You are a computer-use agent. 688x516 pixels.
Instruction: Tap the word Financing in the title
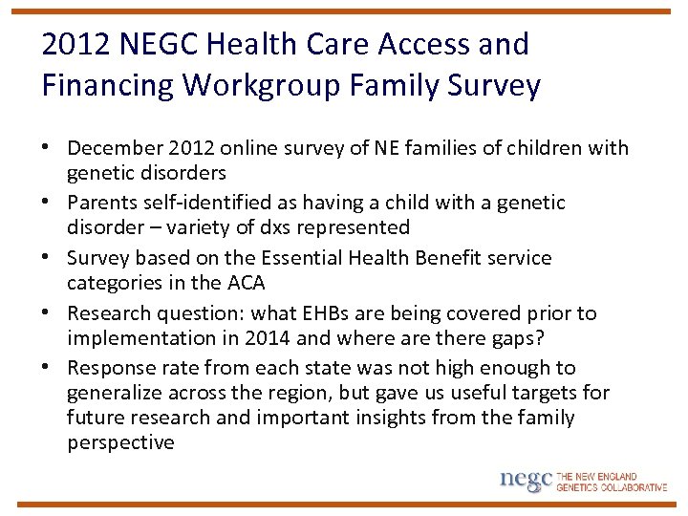click(x=108, y=85)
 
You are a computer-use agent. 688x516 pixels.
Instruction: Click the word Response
click(x=111, y=368)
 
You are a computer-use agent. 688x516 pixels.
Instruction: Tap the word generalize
click(x=118, y=393)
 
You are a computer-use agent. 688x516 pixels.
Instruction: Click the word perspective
click(x=120, y=442)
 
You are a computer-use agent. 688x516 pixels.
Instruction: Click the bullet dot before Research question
click(x=48, y=313)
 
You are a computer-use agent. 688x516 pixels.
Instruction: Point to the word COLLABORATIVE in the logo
click(x=633, y=487)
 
